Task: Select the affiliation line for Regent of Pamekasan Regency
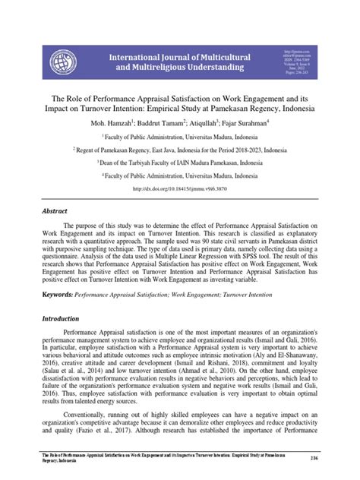pyautogui.click(x=179, y=150)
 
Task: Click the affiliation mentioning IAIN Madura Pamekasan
pyautogui.click(x=179, y=162)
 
